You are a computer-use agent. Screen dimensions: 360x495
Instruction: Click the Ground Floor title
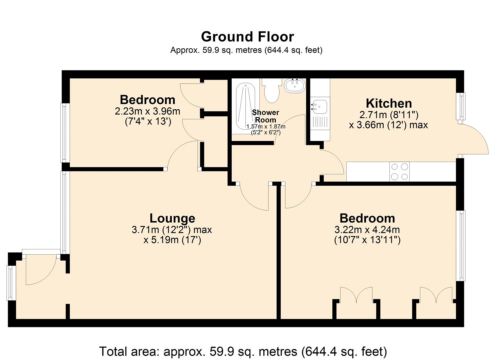(247, 37)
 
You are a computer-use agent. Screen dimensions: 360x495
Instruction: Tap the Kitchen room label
(389, 103)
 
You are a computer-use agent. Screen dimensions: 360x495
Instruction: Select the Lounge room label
(172, 218)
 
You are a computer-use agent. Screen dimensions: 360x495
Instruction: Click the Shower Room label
(265, 116)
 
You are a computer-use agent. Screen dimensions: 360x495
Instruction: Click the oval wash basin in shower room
(295, 86)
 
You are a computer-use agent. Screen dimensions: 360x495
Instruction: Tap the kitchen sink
(319, 107)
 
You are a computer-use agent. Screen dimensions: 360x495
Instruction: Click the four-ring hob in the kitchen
(399, 171)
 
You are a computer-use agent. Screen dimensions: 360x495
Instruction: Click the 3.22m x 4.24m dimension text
(367, 230)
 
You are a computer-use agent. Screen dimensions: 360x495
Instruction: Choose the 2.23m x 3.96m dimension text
(147, 111)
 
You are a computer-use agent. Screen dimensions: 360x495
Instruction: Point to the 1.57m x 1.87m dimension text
(266, 127)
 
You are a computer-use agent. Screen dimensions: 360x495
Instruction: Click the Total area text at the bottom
(243, 351)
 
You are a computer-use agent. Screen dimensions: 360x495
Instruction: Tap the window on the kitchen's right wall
(461, 106)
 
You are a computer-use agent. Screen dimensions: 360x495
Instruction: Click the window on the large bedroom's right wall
(461, 246)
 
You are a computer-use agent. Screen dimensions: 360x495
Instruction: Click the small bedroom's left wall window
(64, 133)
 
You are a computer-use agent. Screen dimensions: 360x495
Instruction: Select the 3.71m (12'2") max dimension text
(172, 230)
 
